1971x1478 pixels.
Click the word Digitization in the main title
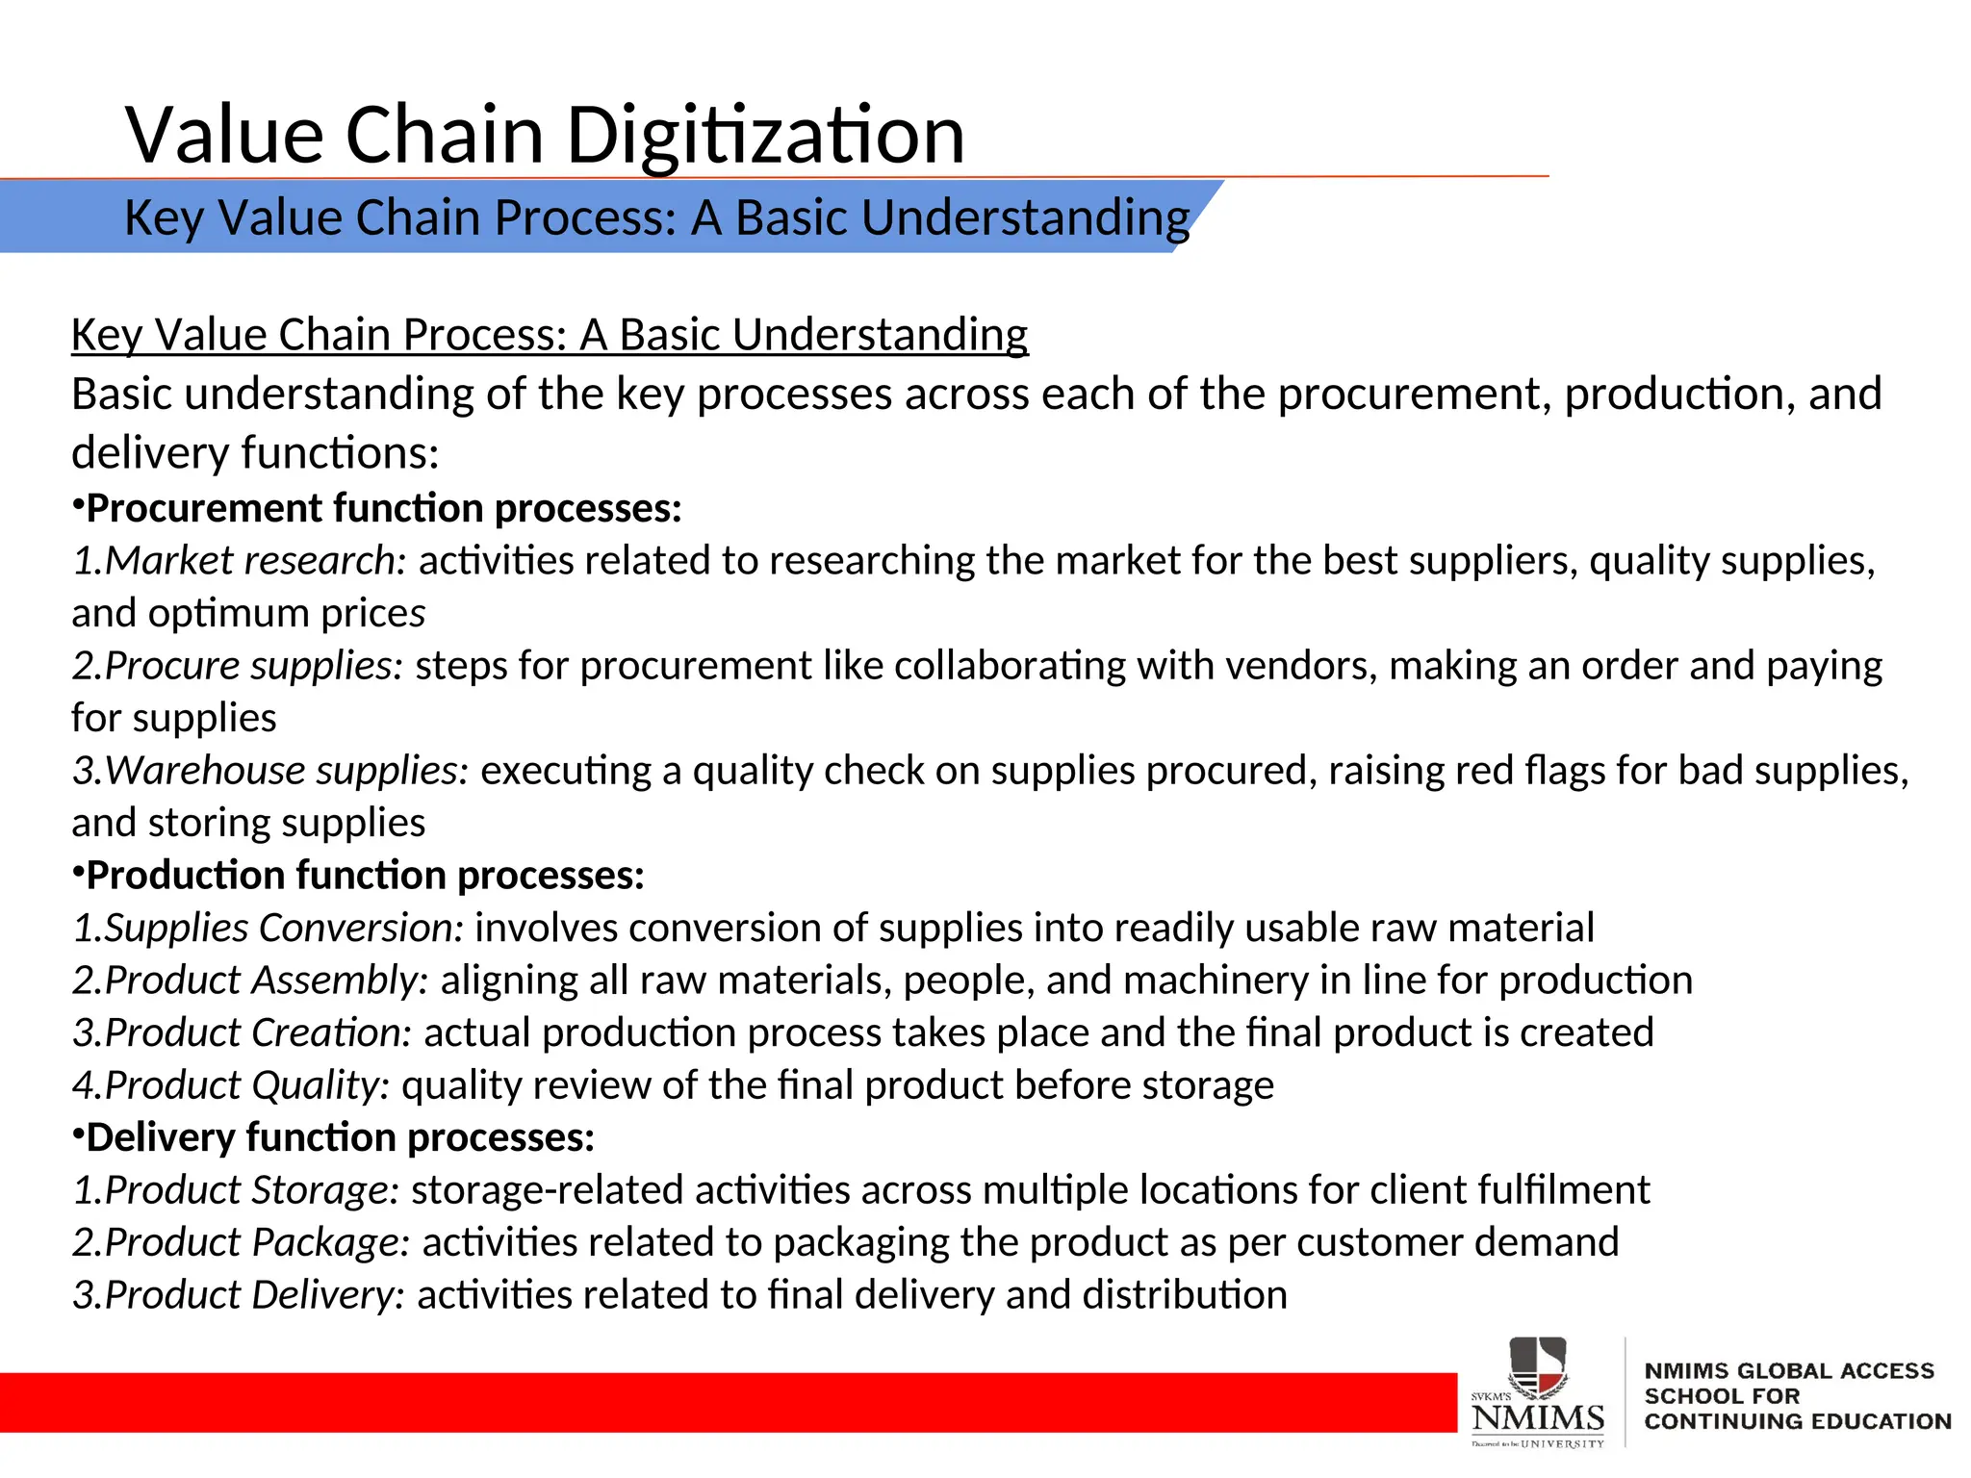[x=765, y=136]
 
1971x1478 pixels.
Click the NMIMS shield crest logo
[x=1538, y=1367]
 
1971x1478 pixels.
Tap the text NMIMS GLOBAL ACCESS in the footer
[x=1788, y=1371]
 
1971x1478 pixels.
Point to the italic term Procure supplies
[x=252, y=666]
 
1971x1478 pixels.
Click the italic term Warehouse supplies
[x=285, y=771]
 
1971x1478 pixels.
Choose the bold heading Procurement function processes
[x=383, y=508]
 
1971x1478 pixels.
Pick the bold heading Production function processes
[x=365, y=876]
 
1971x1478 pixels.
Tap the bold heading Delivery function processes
[x=340, y=1138]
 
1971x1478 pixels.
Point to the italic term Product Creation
[x=256, y=1033]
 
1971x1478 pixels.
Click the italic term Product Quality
[x=245, y=1085]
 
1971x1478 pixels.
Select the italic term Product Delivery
[x=253, y=1295]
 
